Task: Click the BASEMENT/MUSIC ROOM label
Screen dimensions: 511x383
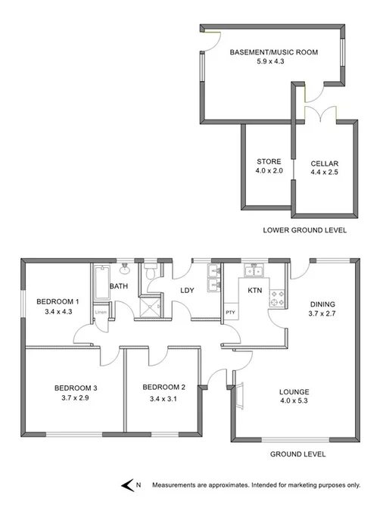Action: (x=273, y=52)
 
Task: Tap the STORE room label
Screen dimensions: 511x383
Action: (x=269, y=161)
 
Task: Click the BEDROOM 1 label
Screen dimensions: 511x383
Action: (x=57, y=301)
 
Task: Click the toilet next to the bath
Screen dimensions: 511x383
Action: (x=151, y=272)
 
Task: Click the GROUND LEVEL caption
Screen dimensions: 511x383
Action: (x=298, y=454)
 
